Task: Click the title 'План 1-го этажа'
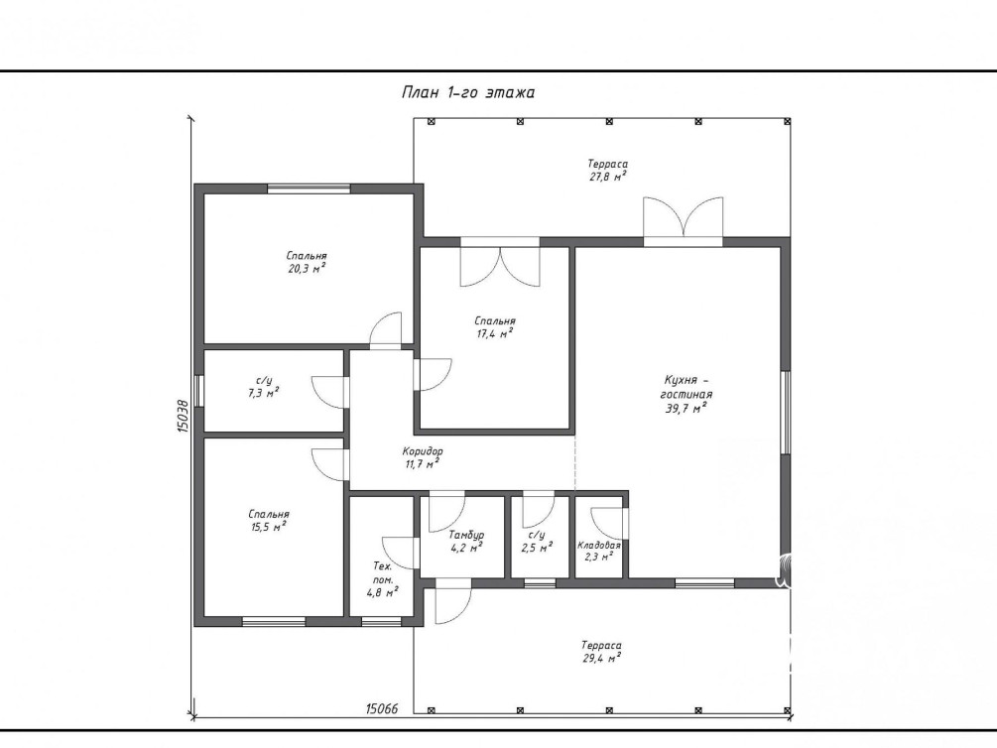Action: point(468,93)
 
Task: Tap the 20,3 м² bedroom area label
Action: point(308,262)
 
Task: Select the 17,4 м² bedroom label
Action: point(495,327)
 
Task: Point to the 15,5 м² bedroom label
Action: point(268,520)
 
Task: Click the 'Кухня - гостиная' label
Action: point(686,395)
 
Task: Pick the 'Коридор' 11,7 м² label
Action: point(423,457)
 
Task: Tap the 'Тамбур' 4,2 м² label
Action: point(466,541)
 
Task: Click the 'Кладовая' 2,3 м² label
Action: point(599,551)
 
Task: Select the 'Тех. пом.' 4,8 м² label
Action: point(383,579)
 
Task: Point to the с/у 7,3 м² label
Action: point(263,387)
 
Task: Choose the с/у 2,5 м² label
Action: point(537,541)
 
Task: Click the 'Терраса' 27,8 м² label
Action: point(607,171)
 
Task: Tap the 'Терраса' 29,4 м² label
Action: point(601,652)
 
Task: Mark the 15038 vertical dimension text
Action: point(184,416)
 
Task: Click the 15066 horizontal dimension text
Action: point(382,708)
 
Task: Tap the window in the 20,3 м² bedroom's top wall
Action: point(309,188)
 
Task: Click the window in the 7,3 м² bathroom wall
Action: point(198,391)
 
